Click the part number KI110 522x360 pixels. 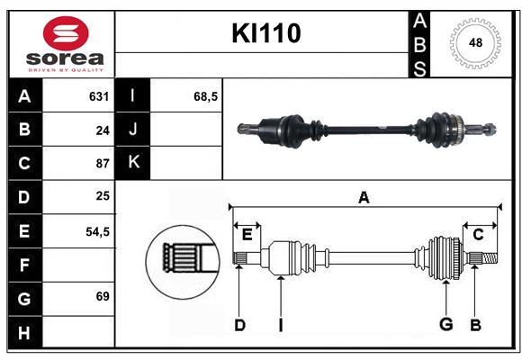pos(265,34)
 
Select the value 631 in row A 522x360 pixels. pos(98,96)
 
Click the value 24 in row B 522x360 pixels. pos(102,130)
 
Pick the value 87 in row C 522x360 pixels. pos(102,163)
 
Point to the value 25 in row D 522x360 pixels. pos(102,196)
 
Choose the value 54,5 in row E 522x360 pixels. pos(97,230)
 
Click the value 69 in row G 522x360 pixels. pos(102,295)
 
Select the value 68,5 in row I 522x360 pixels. pos(206,96)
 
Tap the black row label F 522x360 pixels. pos(24,265)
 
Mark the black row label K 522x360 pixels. pos(133,163)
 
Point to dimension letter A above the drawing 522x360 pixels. pos(364,198)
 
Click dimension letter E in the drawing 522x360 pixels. pos(247,235)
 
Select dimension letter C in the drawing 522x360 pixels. pos(478,235)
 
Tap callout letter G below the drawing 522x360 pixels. pos(445,325)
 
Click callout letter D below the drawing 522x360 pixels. pos(239,325)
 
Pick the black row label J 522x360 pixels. pos(133,130)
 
